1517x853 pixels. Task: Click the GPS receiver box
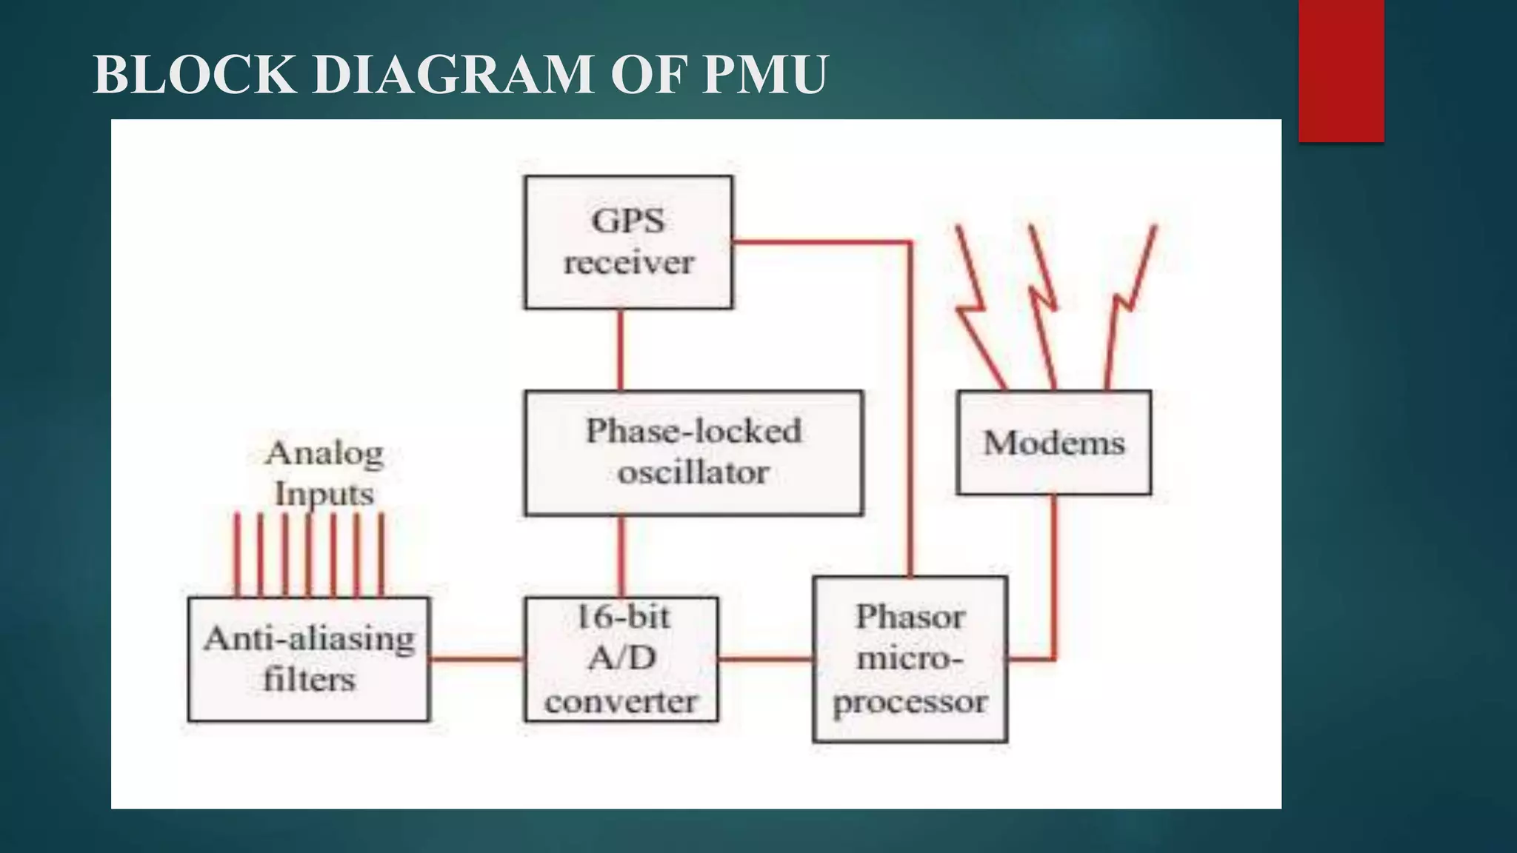coord(628,242)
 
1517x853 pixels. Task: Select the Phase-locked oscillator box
coord(693,452)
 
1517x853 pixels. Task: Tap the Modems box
coord(1053,443)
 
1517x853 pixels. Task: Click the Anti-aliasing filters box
coord(309,659)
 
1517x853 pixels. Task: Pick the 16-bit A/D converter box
coord(621,659)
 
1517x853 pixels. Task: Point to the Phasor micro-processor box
coord(910,659)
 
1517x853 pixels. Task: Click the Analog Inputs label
coord(324,473)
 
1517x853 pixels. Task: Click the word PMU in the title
coord(764,75)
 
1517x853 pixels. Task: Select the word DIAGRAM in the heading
coord(453,75)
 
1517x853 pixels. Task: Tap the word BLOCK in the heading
coord(193,75)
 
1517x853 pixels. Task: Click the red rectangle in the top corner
coord(1341,70)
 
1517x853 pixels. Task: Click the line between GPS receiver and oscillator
coord(620,349)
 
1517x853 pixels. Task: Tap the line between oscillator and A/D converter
coord(621,556)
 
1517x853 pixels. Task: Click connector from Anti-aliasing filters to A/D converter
coord(477,658)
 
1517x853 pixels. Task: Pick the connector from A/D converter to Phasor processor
coord(765,658)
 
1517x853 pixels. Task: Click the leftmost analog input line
coord(237,555)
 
